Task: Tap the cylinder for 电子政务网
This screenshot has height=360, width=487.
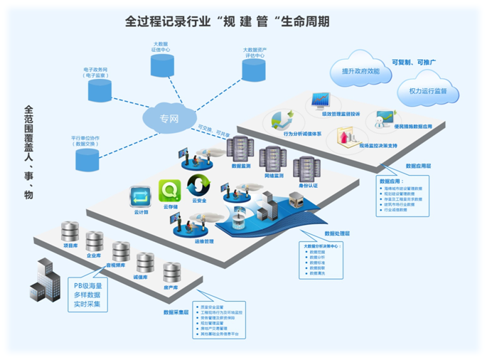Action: (99, 90)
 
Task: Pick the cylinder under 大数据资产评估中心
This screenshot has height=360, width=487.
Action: (253, 70)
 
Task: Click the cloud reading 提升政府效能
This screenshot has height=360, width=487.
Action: (360, 71)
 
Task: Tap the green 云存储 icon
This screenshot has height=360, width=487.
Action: (170, 191)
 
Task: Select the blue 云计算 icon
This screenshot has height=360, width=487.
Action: (139, 196)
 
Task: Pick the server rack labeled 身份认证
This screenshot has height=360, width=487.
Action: (304, 167)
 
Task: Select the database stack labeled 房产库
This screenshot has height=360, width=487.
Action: (172, 272)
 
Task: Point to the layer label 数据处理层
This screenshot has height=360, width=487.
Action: (338, 233)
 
